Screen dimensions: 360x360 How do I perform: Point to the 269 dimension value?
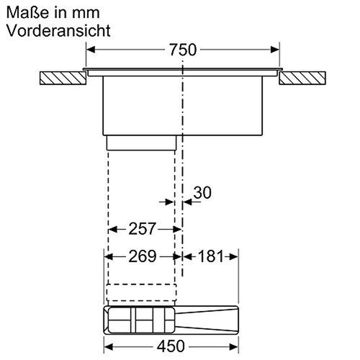pos(143,256)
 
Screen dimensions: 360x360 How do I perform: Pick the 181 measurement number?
pos(210,256)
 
